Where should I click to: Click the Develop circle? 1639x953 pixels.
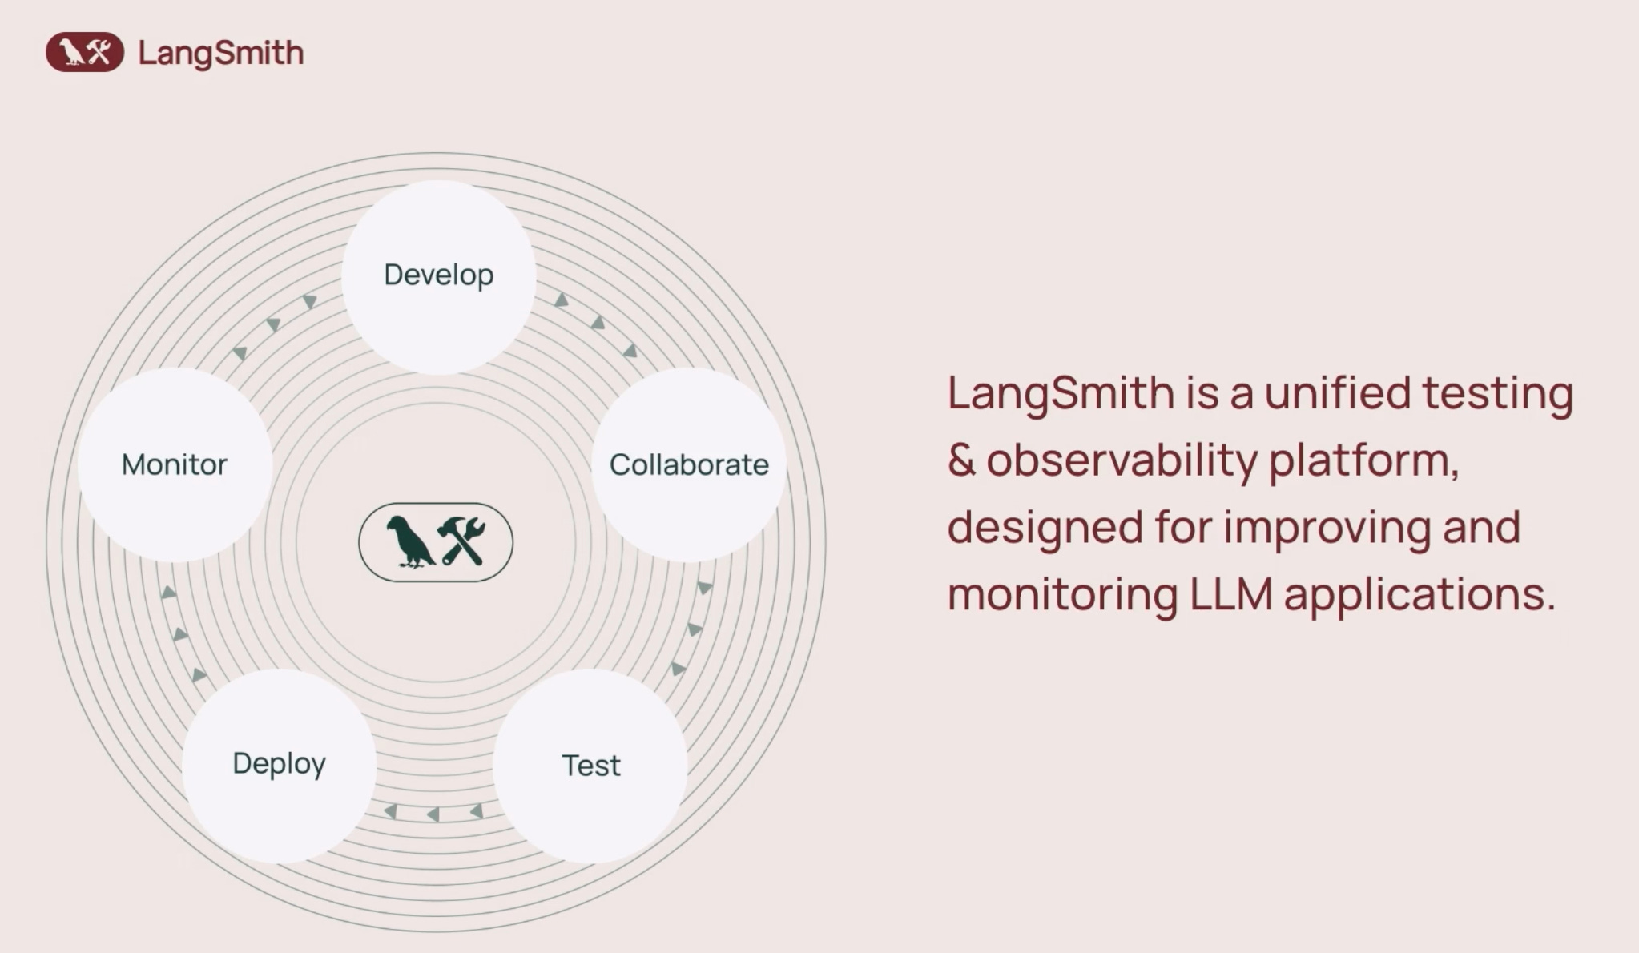pos(438,276)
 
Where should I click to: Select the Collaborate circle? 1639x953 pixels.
pos(689,464)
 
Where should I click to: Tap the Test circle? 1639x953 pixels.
pos(590,766)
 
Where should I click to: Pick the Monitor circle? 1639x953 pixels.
pos(175,464)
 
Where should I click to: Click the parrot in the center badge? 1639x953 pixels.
pos(409,542)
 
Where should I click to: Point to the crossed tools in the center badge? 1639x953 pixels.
pos(462,541)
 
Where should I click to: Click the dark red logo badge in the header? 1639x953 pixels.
pos(85,53)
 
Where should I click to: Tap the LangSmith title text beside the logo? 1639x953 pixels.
pos(221,54)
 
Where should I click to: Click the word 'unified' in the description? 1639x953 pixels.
pos(1337,393)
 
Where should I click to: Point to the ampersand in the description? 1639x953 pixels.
pos(961,460)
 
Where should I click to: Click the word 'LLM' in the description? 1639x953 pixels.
pos(1230,594)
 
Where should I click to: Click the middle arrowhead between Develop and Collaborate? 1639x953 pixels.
pos(598,324)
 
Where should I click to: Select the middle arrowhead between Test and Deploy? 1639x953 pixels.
pos(433,814)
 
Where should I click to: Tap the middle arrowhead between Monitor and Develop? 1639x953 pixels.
pos(273,324)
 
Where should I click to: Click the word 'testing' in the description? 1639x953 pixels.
pos(1497,395)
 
